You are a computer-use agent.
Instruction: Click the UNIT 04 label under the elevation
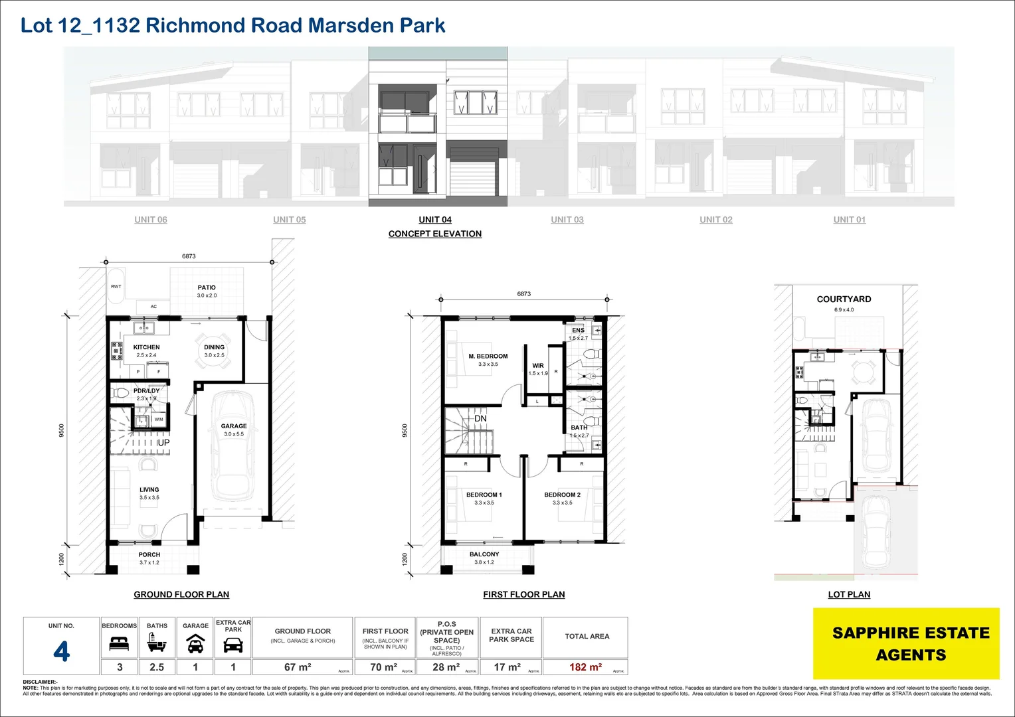point(435,220)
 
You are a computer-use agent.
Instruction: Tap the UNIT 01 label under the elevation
point(850,220)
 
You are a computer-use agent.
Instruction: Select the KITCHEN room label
point(146,347)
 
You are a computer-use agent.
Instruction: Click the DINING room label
point(214,347)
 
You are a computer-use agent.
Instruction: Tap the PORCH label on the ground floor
point(149,555)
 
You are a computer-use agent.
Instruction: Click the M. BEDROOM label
point(488,357)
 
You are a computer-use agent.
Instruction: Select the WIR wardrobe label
point(538,366)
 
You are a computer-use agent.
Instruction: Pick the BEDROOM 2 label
point(562,495)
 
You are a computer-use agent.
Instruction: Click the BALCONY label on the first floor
point(484,554)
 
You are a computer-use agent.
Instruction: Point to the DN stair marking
point(480,419)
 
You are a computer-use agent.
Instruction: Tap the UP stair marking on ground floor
point(163,443)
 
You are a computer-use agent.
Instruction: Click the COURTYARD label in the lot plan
point(844,299)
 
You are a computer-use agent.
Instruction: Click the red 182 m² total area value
point(585,667)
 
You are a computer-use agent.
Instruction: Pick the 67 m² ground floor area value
point(298,667)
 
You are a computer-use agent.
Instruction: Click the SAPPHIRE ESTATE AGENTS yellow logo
point(910,643)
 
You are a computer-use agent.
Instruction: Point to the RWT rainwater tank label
point(116,287)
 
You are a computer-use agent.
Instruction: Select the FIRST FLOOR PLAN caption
point(523,595)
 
